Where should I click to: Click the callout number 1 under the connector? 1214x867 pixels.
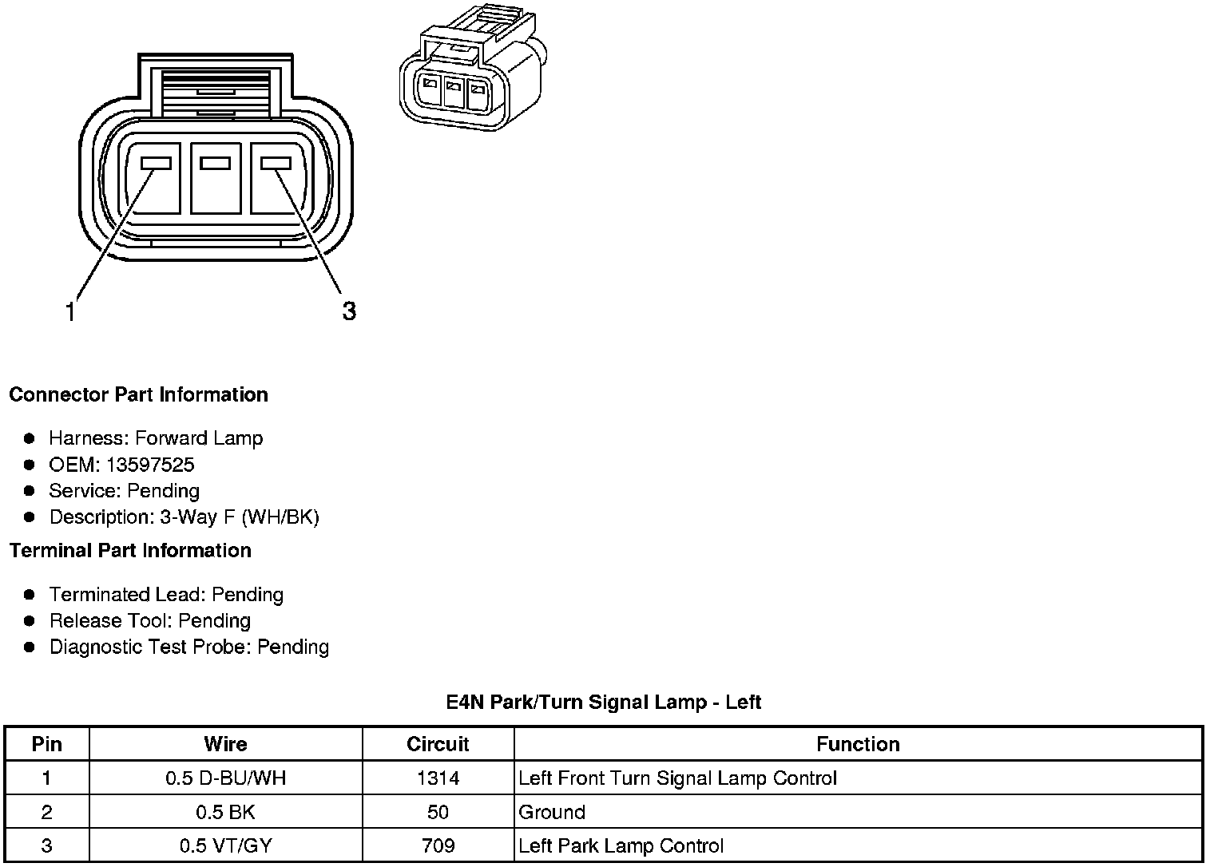pyautogui.click(x=70, y=312)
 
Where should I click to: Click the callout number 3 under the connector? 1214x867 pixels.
pyautogui.click(x=349, y=311)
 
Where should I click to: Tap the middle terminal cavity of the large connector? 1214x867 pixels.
pyautogui.click(x=216, y=178)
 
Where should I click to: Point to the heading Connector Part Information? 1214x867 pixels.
pyautogui.click(x=138, y=394)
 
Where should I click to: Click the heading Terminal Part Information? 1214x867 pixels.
pyautogui.click(x=130, y=550)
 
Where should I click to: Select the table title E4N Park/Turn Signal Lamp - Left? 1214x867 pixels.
pyautogui.click(x=603, y=702)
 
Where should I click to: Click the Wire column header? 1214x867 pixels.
pyautogui.click(x=225, y=744)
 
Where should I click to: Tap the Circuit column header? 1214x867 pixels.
pyautogui.click(x=438, y=744)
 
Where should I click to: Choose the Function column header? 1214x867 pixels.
pyautogui.click(x=858, y=744)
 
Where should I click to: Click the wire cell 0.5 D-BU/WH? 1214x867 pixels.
pyautogui.click(x=225, y=778)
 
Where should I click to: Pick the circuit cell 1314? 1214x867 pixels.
pyautogui.click(x=438, y=778)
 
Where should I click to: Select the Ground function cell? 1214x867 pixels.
pyautogui.click(x=552, y=812)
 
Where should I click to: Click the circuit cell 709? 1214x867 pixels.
pyautogui.click(x=438, y=845)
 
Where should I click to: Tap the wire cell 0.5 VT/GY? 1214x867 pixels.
pyautogui.click(x=225, y=845)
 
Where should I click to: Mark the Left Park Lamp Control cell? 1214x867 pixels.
pyautogui.click(x=621, y=845)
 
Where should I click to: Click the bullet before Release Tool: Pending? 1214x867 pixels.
pyautogui.click(x=30, y=620)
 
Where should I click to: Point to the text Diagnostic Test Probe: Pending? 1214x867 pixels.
pyautogui.click(x=189, y=647)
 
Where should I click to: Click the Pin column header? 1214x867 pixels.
pyautogui.click(x=46, y=744)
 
